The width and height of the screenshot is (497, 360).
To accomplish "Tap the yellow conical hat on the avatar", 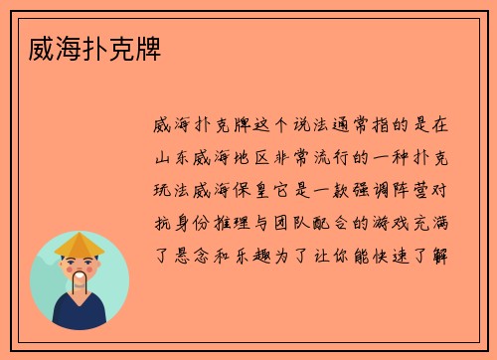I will pos(80,245).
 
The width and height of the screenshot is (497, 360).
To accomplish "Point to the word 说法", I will pos(301,126).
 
